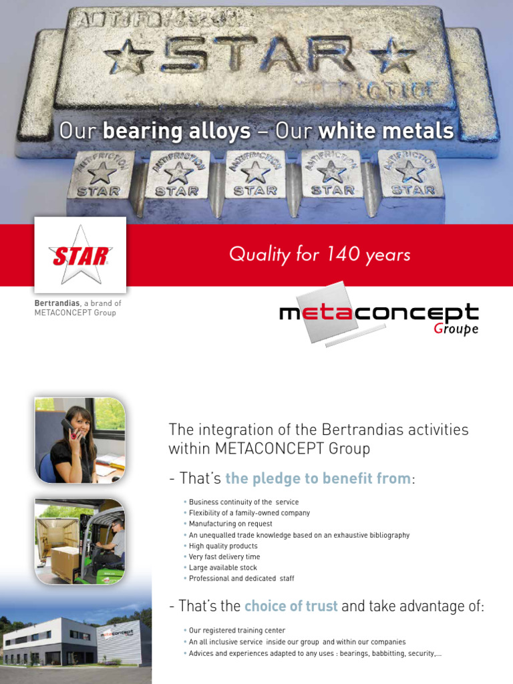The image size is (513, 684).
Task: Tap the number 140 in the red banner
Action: coord(343,254)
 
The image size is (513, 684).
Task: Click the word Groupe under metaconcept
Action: coord(456,329)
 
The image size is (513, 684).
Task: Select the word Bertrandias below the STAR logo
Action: coord(57,303)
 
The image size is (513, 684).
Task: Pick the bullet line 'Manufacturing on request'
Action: coord(230,524)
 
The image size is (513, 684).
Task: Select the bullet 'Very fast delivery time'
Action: coord(224,557)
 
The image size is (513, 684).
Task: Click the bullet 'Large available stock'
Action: coord(222,568)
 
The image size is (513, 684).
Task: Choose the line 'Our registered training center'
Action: coord(236,631)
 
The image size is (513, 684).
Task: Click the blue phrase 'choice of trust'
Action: coord(291,607)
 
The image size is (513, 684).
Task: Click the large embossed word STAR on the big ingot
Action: coord(256,55)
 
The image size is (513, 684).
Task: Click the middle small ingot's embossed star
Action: coord(254,172)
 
